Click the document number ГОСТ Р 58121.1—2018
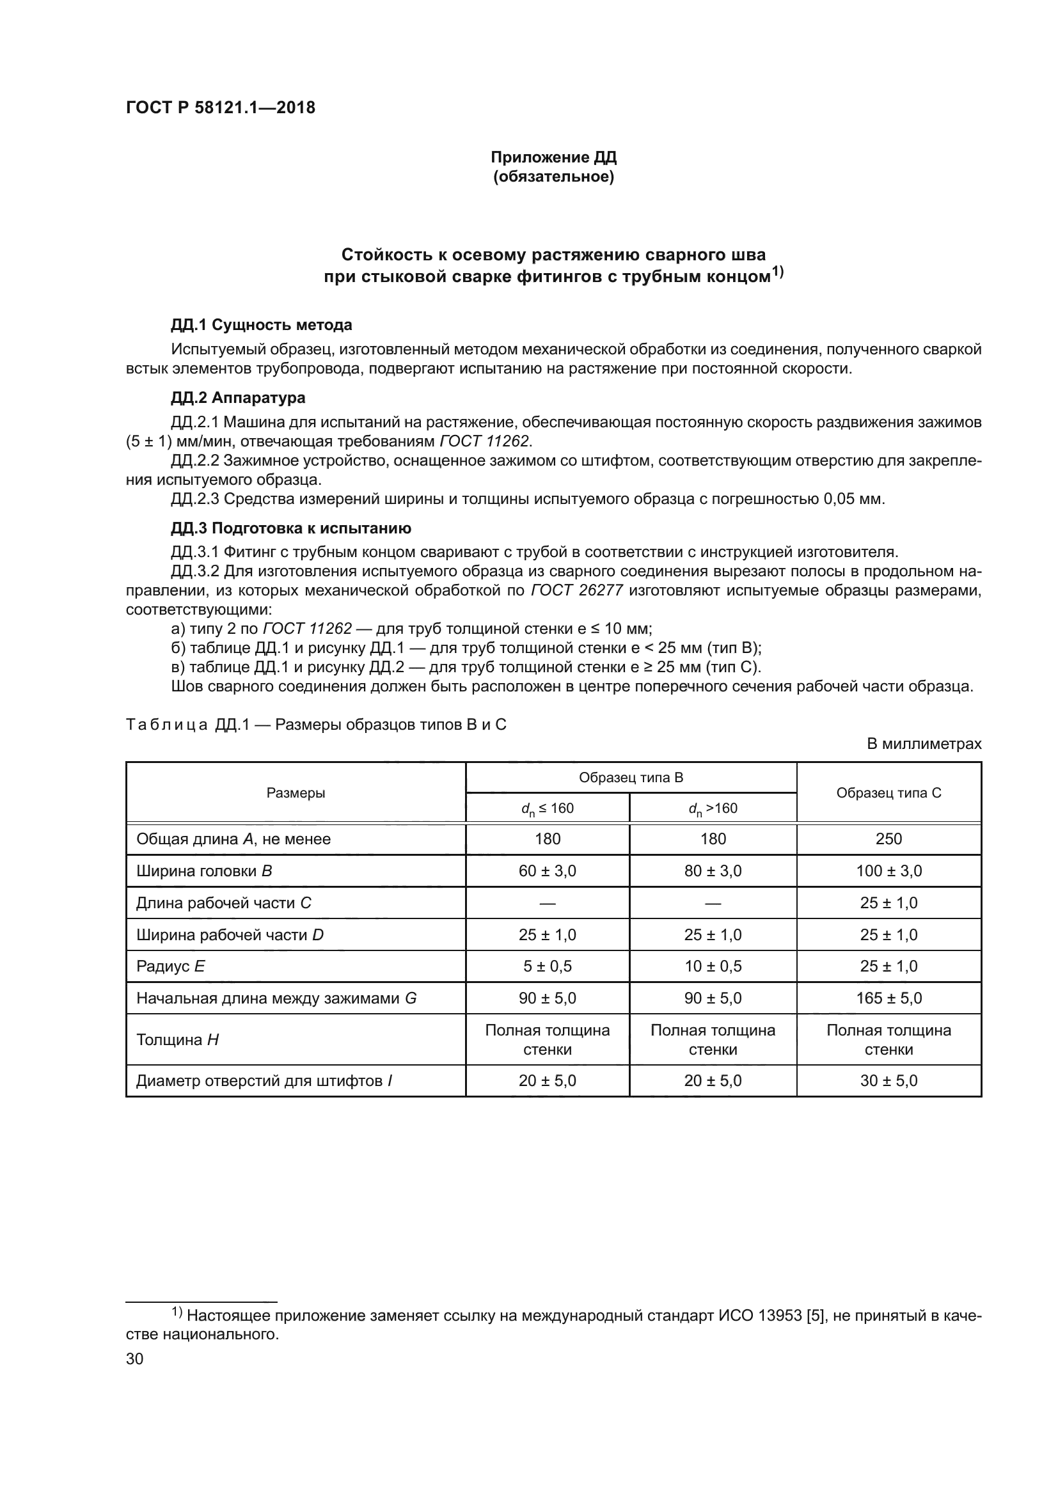220,108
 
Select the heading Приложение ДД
553,157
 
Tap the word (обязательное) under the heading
553,177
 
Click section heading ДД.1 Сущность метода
261,324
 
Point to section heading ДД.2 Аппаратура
238,397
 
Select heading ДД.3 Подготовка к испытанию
290,528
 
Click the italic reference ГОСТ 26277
577,590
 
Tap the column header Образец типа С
888,793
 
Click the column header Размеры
296,793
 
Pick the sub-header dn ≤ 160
548,808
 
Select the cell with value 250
888,839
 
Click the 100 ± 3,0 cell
888,870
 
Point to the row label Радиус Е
171,966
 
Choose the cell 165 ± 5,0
888,998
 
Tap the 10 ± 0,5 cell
713,966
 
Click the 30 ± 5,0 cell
888,1081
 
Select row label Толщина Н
177,1040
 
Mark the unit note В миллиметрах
923,743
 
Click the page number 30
134,1358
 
